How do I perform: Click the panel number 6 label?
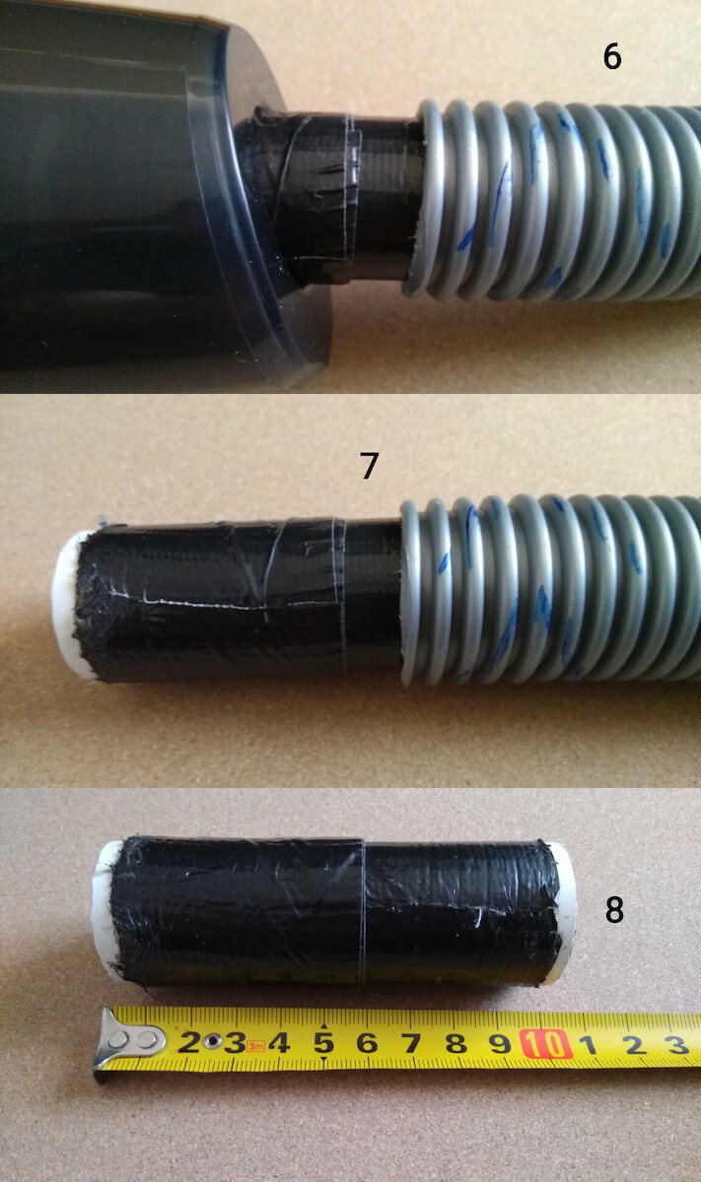click(x=611, y=56)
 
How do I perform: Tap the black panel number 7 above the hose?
click(x=370, y=465)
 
